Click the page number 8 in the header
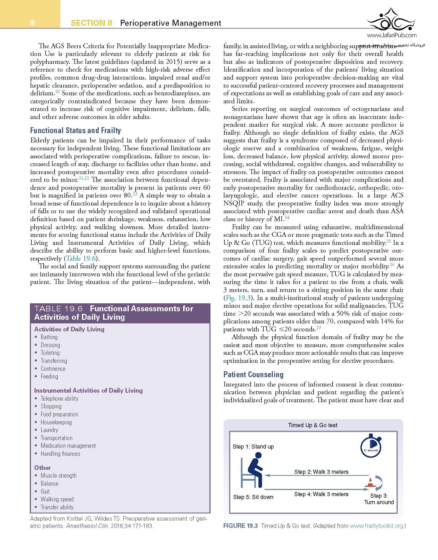32,23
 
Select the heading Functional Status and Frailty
75,131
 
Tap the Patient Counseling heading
253,374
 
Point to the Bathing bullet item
49,337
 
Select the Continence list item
53,369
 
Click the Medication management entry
68,446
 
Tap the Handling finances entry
60,454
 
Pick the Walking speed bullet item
57,499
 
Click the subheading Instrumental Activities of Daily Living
88,391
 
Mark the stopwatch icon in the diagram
371,447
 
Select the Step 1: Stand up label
253,447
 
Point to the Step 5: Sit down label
253,497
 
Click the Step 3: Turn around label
379,499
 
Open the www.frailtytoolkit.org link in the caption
376,526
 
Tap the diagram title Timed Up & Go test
313,425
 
